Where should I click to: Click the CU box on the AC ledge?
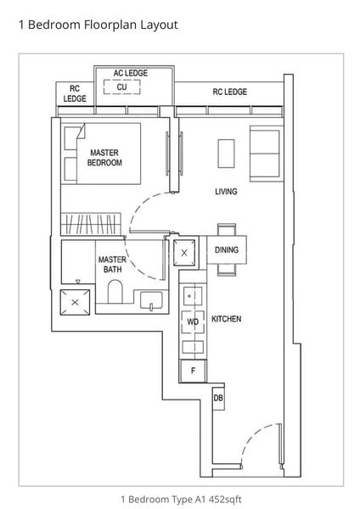122,87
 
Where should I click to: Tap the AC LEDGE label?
131,73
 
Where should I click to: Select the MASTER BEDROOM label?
104,158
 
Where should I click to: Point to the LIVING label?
226,192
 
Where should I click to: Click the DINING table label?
227,250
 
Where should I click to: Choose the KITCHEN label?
227,319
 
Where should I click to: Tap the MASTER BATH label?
112,264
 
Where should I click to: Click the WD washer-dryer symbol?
193,322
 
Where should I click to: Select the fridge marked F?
193,371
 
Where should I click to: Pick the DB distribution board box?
218,398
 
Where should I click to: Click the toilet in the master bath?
115,292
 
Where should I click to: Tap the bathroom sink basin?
151,300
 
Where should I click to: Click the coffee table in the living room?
226,154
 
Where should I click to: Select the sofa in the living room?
265,154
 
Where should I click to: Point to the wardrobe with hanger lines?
92,224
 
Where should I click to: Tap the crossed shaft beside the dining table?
184,253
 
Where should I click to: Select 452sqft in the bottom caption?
225,499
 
